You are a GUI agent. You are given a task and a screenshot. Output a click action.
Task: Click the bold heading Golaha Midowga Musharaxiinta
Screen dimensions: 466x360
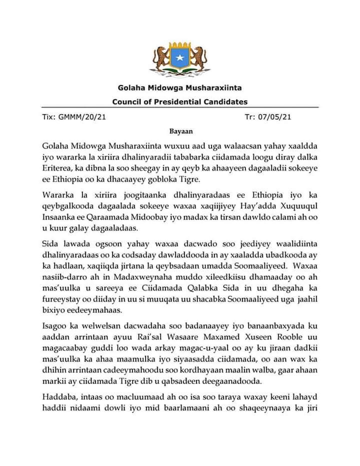click(180, 88)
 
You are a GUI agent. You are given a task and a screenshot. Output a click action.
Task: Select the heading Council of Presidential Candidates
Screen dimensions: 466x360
click(180, 102)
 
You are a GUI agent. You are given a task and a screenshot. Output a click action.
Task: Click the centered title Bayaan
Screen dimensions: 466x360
click(179, 131)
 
